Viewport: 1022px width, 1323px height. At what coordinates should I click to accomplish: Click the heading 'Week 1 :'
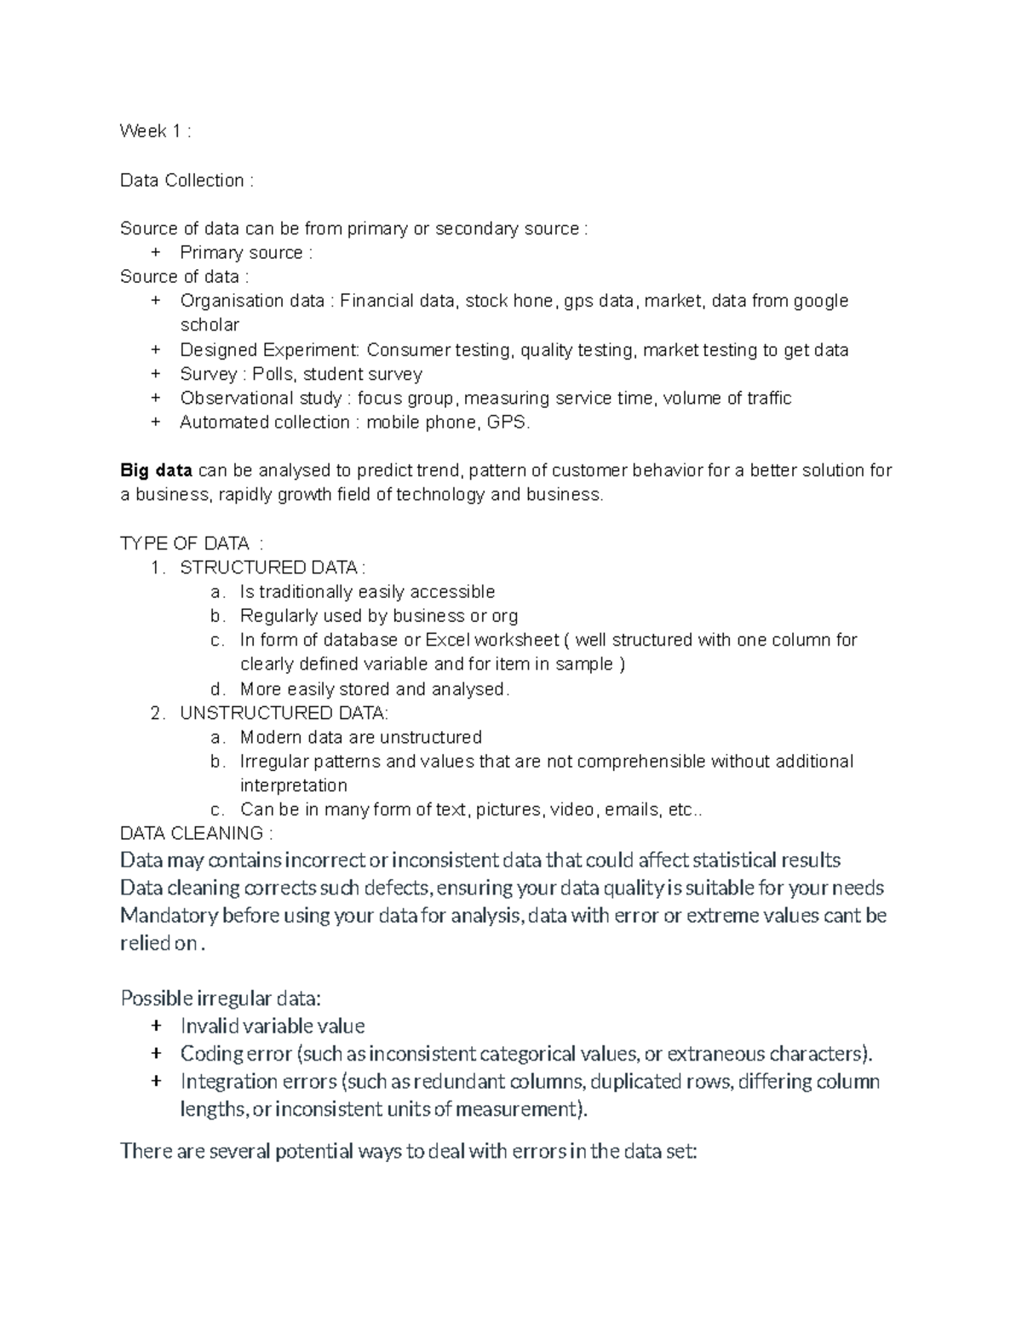155,131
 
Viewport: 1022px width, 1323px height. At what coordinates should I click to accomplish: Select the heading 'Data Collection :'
187,181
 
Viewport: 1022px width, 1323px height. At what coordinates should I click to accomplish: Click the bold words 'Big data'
156,470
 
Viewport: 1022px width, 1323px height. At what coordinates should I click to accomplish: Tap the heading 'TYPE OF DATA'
185,544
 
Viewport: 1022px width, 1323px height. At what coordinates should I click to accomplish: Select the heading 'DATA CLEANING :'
197,833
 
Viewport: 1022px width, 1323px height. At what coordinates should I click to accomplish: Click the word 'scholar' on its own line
210,325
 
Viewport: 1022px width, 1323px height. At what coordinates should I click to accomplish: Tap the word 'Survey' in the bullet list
208,374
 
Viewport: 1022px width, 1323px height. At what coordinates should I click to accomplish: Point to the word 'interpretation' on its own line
293,785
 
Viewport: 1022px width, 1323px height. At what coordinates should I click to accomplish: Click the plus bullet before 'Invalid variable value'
155,1026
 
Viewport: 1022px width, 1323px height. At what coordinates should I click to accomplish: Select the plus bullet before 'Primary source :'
155,253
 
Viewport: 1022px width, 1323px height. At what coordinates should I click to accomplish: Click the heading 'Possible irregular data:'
221,998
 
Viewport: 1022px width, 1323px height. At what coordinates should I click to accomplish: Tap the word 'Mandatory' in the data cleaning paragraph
169,916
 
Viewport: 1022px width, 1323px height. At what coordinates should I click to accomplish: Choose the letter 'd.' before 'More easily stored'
217,689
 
